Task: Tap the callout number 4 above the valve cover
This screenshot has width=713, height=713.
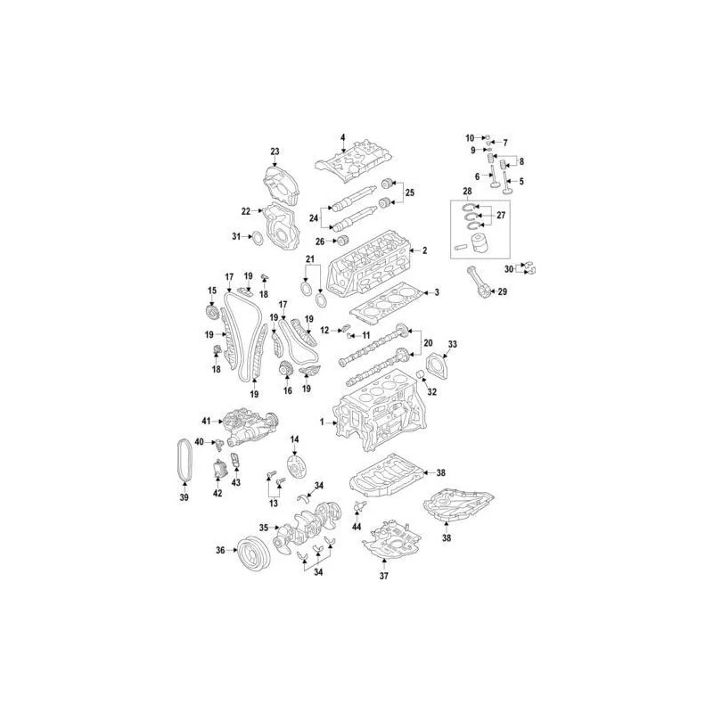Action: [x=342, y=137]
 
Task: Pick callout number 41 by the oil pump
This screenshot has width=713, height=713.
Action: [x=205, y=420]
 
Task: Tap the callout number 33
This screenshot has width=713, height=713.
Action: [x=452, y=344]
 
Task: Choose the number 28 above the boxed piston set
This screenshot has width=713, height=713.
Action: [x=466, y=192]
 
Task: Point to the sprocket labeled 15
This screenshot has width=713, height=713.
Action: [x=212, y=315]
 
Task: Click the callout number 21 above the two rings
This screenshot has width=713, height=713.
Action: [x=311, y=259]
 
